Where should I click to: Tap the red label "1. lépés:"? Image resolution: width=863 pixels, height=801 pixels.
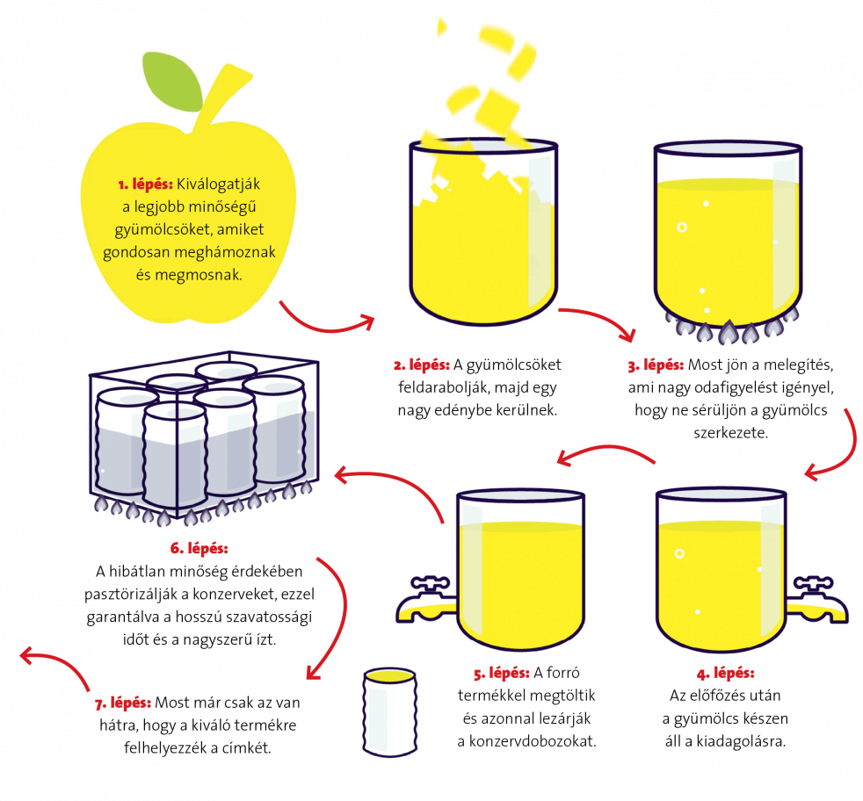[x=145, y=184]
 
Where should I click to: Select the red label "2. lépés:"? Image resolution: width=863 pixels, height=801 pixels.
[x=422, y=365]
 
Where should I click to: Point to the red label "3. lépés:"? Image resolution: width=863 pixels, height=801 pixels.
[x=656, y=365]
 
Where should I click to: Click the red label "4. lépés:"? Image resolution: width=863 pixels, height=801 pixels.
[x=725, y=674]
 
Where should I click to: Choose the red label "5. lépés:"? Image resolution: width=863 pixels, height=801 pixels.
[x=502, y=674]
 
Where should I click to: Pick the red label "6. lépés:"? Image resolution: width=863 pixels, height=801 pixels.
[x=199, y=548]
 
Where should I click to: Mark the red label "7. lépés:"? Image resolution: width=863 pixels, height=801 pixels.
[x=123, y=704]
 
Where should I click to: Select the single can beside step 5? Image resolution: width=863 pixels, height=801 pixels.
[x=389, y=712]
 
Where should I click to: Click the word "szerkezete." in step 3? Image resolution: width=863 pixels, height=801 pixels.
[x=730, y=433]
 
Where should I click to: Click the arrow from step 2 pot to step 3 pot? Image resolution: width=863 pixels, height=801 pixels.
[x=601, y=317]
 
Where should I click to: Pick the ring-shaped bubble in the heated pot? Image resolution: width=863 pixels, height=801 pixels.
[x=682, y=227]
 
